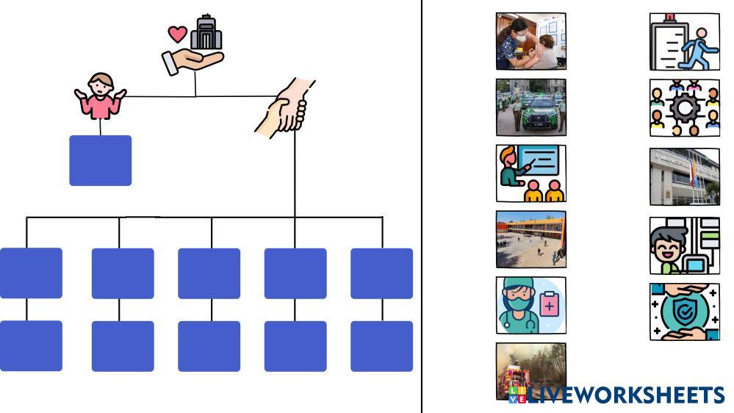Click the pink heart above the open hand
point(177,34)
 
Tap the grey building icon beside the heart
point(206,32)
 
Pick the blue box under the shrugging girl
point(101,160)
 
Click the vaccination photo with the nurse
point(530,41)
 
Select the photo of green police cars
point(530,107)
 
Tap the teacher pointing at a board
point(530,173)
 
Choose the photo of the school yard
point(530,240)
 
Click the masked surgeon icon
point(517,305)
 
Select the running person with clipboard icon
point(684,42)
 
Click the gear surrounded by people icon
point(684,108)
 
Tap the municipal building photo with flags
point(684,176)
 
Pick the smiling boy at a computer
point(684,245)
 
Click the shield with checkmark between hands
point(684,312)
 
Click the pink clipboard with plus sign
point(549,304)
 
